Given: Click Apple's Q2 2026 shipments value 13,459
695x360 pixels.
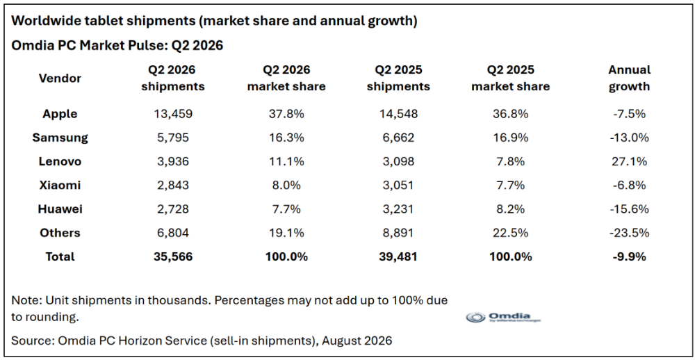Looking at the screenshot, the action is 173,114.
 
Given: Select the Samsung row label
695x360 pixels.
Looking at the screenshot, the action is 60,138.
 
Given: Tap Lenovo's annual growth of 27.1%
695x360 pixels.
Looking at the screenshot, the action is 630,161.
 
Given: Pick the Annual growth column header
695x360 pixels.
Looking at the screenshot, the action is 630,78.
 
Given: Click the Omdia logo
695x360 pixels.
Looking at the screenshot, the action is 505,317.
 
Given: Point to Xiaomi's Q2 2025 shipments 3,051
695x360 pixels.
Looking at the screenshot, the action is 398,186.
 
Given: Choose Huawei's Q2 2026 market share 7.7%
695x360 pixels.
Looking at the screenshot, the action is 286,208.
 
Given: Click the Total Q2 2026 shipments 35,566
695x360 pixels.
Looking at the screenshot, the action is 173,256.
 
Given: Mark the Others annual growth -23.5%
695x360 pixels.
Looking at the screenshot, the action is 630,233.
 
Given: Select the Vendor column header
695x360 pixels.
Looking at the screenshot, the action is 60,79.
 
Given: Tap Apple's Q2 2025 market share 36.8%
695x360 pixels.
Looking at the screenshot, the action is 510,114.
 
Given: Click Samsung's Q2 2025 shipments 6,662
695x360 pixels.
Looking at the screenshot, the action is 398,138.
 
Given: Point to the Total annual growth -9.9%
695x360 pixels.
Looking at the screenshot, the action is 630,256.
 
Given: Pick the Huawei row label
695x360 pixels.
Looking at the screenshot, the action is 60,208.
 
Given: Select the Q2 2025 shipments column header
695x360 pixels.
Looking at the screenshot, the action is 398,78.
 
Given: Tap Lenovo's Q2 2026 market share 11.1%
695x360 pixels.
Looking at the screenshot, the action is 286,161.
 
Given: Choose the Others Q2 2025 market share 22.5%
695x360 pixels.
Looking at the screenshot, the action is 510,233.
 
